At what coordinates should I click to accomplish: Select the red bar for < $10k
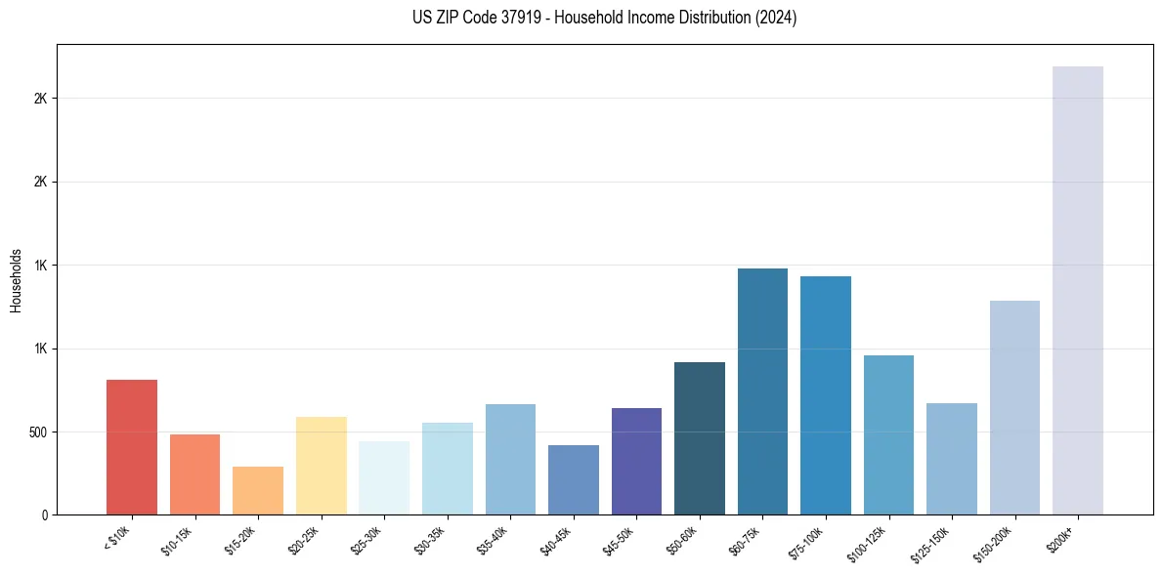pos(132,447)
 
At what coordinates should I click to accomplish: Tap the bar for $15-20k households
pos(258,490)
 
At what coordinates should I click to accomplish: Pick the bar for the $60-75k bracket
pos(762,391)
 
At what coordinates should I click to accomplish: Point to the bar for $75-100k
pos(826,395)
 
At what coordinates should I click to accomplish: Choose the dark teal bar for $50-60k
pos(700,438)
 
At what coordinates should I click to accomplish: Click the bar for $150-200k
pos(1014,407)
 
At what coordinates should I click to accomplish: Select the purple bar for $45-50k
pos(636,461)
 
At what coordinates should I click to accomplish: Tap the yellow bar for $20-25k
pos(322,466)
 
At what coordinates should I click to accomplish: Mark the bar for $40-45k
pos(574,479)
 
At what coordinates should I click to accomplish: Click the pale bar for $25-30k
pos(384,477)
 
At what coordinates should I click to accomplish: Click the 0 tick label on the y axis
pos(44,514)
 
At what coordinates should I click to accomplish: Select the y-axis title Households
pos(17,280)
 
